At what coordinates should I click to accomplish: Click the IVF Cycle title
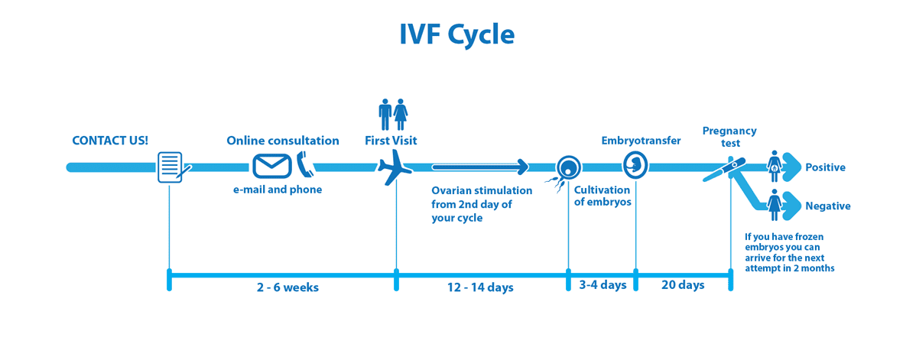coord(456,34)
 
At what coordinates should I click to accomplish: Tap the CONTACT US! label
coord(110,141)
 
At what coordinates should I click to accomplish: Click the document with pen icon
coord(171,167)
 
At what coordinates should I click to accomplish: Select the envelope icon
coord(272,166)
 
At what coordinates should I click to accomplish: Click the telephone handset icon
coord(305,164)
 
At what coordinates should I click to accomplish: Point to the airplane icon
coord(395,167)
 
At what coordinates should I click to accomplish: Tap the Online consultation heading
coord(283,141)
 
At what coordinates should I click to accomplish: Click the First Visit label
coord(391,141)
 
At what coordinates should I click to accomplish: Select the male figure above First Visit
coord(385,114)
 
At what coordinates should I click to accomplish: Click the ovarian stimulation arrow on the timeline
coord(479,167)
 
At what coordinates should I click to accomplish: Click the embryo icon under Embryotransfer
coord(635,164)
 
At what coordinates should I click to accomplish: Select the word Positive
coord(825,167)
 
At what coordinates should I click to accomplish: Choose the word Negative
coord(827,206)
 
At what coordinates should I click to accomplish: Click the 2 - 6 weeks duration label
coord(287,287)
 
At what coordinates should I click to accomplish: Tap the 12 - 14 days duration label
coord(480,287)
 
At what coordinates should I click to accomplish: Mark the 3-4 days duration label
coord(603,285)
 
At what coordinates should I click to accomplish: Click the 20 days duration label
coord(682,285)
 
